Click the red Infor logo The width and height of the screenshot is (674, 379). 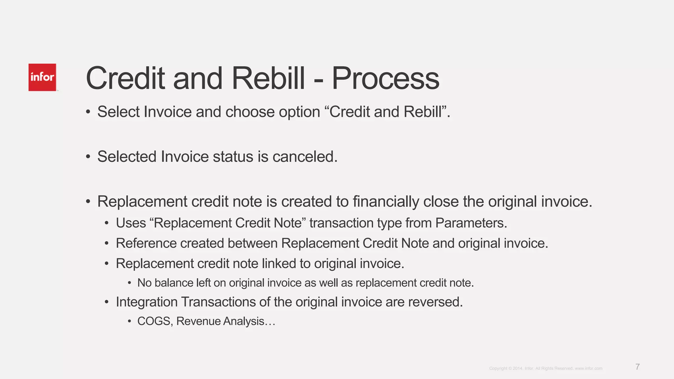42,77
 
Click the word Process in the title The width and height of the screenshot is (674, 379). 385,79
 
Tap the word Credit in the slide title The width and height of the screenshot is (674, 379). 125,79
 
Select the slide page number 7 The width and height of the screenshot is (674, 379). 637,367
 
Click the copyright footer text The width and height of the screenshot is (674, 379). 545,368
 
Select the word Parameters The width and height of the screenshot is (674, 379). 471,223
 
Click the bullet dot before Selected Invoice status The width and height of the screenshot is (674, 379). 88,157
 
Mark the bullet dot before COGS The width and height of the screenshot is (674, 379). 130,321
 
